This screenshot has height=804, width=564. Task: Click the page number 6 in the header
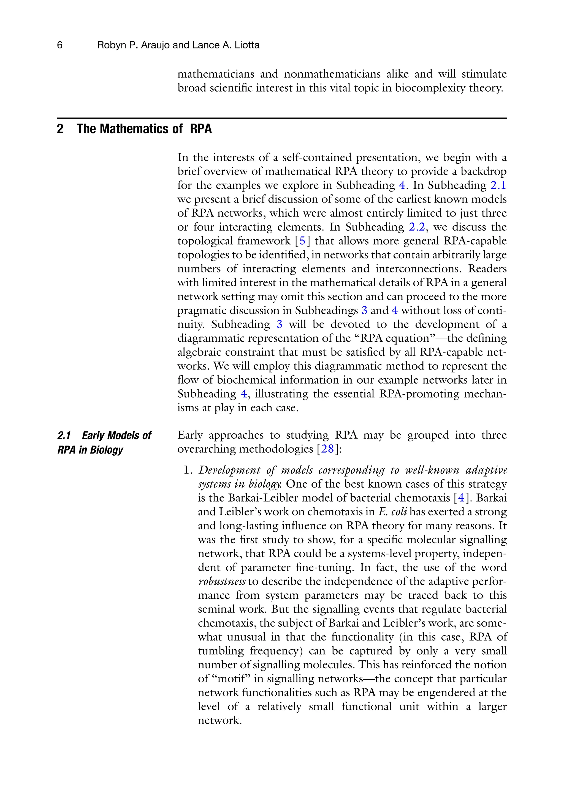(59, 45)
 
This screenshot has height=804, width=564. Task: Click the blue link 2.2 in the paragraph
(416, 227)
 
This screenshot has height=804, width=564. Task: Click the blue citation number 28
(327, 449)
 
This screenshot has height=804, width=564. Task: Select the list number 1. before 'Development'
(189, 470)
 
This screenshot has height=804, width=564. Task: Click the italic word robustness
(221, 582)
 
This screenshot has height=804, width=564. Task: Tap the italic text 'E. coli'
(393, 512)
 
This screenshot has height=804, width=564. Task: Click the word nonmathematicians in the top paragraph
(332, 74)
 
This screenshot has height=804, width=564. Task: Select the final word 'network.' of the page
(220, 721)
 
